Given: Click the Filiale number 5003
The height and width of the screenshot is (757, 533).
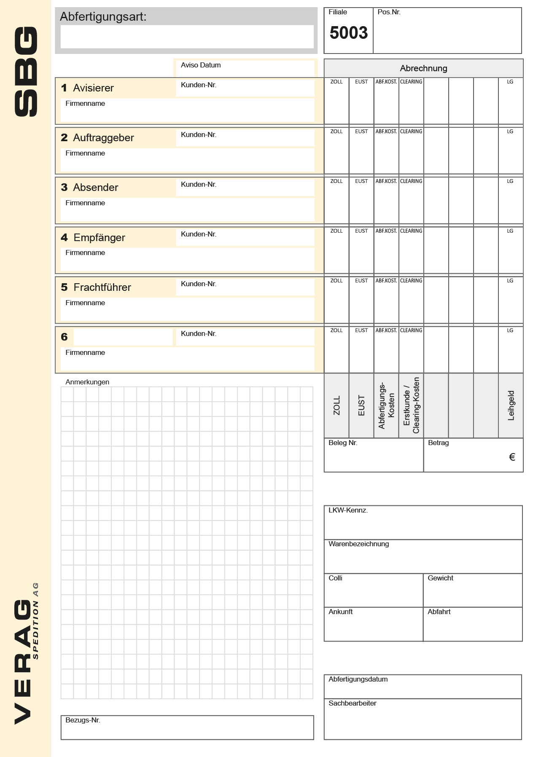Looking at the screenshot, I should (x=348, y=33).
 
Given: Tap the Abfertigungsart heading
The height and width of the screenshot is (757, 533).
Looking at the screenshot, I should (x=103, y=17).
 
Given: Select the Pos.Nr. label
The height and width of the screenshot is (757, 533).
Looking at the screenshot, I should (x=389, y=12).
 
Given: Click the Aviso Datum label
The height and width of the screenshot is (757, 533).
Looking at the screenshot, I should (x=201, y=65).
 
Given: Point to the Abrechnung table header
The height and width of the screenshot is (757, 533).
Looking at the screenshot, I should (x=423, y=68).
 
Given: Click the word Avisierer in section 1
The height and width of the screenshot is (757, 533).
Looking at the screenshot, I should (x=93, y=88).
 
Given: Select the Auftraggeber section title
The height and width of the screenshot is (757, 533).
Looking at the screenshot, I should (x=103, y=138).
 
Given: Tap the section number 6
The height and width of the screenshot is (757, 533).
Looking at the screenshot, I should (x=64, y=337).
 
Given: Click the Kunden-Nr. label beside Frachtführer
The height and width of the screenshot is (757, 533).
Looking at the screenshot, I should (x=199, y=284).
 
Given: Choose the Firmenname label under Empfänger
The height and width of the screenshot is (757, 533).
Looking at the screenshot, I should (x=85, y=253).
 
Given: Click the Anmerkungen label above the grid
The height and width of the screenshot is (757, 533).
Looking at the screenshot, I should (x=87, y=382).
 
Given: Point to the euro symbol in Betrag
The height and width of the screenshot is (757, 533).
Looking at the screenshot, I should (x=512, y=457).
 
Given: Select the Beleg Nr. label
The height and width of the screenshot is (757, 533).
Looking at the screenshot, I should (x=343, y=443).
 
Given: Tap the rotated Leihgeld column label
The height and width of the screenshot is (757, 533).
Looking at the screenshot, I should (x=511, y=405).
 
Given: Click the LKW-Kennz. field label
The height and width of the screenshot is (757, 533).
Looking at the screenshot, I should (x=348, y=510).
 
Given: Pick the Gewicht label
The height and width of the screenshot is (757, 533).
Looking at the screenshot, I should (x=440, y=578).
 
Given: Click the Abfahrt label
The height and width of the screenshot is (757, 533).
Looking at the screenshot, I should (x=439, y=612).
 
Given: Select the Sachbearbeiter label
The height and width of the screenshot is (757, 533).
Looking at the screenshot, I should (x=353, y=703).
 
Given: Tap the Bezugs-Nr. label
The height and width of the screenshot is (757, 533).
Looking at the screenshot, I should (x=83, y=720).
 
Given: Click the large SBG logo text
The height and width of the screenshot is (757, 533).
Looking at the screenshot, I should (x=26, y=72).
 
